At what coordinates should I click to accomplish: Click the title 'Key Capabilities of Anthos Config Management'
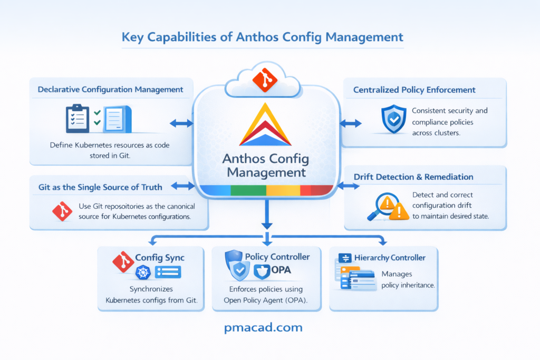[262, 37]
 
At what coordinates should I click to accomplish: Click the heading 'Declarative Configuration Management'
[110, 90]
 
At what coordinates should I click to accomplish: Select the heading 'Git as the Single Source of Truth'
[100, 187]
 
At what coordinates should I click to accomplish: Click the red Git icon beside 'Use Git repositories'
[62, 211]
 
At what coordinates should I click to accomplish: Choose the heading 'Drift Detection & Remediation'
[413, 177]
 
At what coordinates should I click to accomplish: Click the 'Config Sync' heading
[160, 257]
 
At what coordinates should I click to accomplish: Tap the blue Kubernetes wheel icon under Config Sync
[143, 272]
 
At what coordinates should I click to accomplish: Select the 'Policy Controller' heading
[277, 257]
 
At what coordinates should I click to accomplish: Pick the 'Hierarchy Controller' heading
[390, 257]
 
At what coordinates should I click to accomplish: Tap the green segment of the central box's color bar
[248, 191]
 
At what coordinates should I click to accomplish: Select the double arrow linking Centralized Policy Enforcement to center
[351, 123]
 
